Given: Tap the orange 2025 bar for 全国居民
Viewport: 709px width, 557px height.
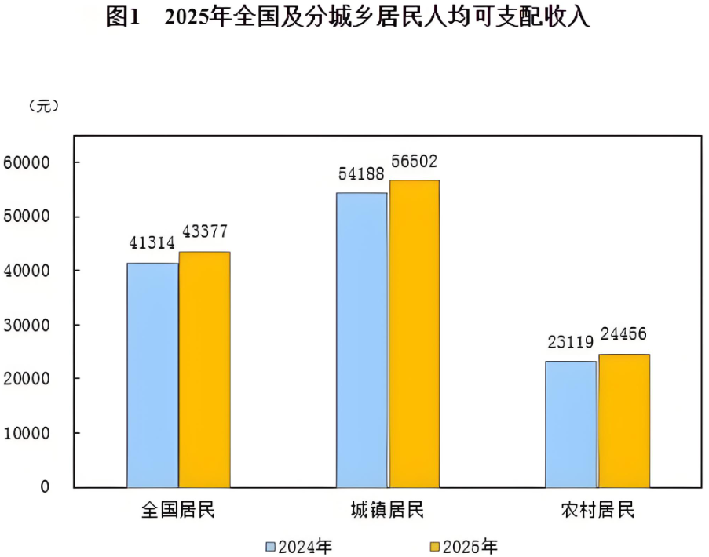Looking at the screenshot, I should coord(204,370).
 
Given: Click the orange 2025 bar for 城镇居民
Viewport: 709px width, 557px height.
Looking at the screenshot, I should coord(414,333).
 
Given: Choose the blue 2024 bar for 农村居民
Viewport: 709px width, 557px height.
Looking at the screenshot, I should coord(571,424).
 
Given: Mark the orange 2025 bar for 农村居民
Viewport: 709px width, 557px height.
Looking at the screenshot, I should coord(623,420).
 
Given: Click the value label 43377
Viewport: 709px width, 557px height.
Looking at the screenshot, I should coord(205,233).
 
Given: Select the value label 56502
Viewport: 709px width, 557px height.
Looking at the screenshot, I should coord(414,162).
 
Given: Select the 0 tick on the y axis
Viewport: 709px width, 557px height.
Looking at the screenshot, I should coord(45,486).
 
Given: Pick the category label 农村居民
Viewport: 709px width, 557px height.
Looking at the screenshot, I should coord(597,511).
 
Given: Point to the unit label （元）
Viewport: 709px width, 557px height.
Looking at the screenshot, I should coord(43,107).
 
